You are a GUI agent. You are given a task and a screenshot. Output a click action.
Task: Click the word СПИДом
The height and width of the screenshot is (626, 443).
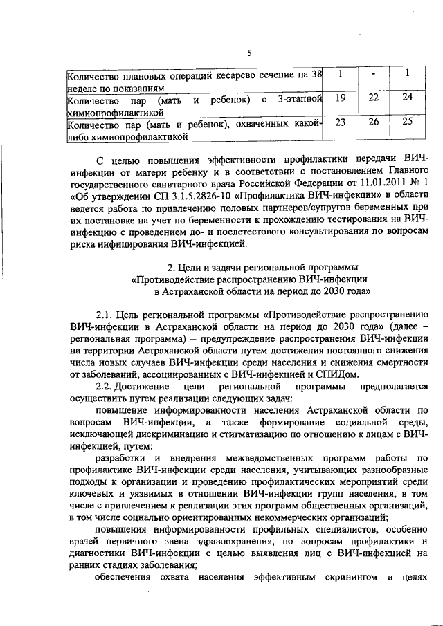[338, 374]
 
